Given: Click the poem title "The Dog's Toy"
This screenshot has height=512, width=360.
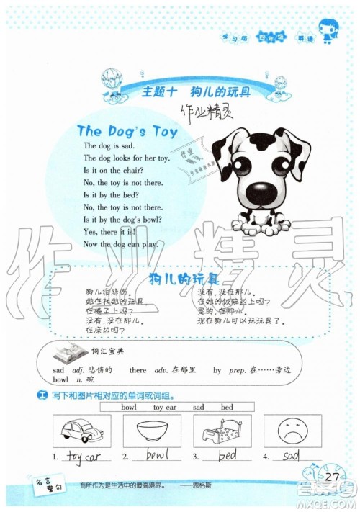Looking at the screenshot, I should [x=127, y=131].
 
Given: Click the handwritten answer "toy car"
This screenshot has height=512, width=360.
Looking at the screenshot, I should [x=83, y=456].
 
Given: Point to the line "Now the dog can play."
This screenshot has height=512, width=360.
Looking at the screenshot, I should [x=120, y=243].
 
